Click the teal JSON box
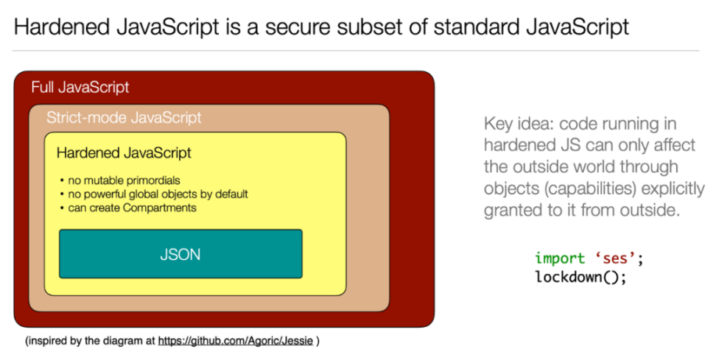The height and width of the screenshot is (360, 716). (180, 254)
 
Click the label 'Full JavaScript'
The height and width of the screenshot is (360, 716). (80, 87)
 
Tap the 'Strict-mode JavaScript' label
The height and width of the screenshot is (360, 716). (124, 118)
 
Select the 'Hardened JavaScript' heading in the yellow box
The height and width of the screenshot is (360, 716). (124, 152)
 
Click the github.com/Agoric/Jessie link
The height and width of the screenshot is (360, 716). (236, 341)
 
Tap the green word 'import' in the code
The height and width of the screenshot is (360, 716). (560, 258)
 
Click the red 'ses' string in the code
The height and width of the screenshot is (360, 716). (614, 258)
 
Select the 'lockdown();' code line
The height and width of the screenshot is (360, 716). (580, 277)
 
